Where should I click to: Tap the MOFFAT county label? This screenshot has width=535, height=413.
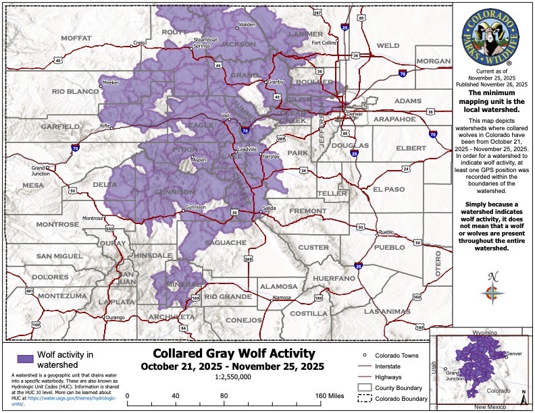76,38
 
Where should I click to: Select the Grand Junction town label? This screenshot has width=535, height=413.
40,170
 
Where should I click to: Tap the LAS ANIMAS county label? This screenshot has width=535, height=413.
386,311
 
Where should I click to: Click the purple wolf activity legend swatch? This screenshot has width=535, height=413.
25,358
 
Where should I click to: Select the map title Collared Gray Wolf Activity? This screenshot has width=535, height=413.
234,354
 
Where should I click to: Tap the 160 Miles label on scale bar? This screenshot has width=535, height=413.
329,395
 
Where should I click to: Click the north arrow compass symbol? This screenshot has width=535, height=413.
492,289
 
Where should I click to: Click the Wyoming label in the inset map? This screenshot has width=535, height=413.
484,333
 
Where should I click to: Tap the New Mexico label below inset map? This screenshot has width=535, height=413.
490,408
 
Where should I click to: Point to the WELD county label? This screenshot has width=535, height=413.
388,46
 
